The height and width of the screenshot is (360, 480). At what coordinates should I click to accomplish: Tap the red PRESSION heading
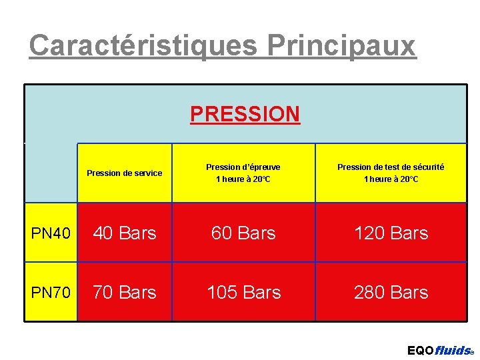(245, 114)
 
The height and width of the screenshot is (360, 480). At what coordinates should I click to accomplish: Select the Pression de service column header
(125, 173)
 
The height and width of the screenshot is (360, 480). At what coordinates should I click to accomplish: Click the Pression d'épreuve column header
(243, 173)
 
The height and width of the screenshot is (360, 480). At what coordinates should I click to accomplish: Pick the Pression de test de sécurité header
(391, 173)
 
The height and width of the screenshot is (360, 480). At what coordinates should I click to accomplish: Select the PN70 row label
(51, 293)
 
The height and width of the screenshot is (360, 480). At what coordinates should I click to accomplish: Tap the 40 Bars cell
(125, 233)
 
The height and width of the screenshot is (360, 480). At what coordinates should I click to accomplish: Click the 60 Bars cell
(243, 233)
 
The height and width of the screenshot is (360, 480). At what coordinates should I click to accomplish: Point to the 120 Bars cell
(391, 233)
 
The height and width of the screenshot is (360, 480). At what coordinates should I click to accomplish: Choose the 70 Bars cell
(125, 292)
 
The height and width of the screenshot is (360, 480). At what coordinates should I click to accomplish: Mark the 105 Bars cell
(243, 292)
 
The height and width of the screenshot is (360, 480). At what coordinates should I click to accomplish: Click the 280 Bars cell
(391, 292)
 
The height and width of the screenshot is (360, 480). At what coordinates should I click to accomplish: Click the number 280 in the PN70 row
(369, 292)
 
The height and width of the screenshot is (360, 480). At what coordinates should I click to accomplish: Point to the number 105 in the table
(221, 292)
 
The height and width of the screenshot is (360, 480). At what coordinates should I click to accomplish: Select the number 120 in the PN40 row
(369, 233)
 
